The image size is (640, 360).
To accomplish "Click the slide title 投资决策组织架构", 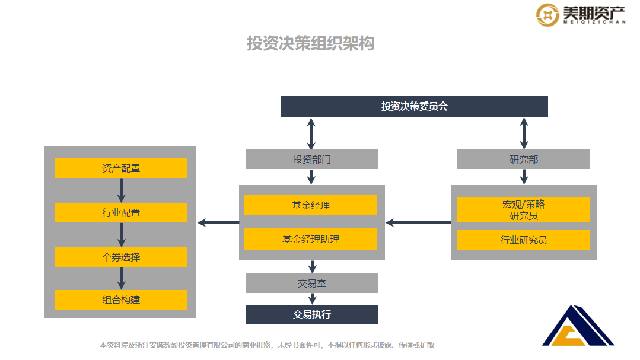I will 311,43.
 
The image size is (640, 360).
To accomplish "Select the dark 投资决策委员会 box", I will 414,107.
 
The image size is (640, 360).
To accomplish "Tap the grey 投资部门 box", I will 311,160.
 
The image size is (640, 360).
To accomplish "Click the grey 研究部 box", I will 523,160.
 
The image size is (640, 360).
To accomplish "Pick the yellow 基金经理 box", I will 310,205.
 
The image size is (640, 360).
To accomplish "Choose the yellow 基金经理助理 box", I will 310,240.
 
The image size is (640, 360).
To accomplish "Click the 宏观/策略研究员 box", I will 523,210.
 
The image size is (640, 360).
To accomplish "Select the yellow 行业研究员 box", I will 523,240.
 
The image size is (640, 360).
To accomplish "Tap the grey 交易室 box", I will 311,283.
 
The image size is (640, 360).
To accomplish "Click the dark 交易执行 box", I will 311,315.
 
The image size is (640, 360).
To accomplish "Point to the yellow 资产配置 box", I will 120,168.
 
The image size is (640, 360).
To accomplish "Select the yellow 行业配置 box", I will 120,212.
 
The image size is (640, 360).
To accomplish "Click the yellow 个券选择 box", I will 120,257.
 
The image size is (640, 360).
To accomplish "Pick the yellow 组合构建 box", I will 120,300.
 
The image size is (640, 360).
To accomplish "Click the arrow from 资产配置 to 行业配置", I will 121,190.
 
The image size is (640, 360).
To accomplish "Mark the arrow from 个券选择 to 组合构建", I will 121,278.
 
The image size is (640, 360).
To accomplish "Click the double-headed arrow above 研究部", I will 524,133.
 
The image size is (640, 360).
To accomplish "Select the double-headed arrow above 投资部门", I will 311,133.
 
